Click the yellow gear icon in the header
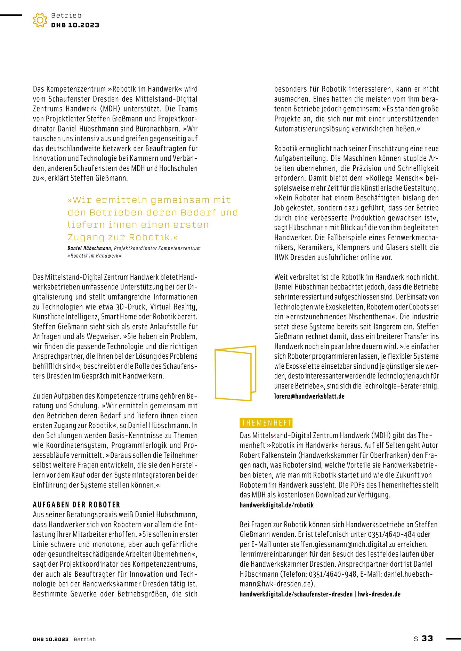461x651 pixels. tap(40, 20)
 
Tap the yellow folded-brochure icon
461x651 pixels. tap(235, 373)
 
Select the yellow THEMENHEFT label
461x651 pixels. tap(266, 423)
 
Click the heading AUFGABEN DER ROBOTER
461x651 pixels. tap(76, 504)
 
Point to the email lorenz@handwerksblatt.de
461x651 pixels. tap(309, 396)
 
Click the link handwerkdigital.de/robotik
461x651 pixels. tap(276, 505)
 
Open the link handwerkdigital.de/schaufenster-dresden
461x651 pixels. tap(296, 594)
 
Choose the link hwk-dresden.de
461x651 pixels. tap(379, 594)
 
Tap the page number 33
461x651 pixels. tap(427, 638)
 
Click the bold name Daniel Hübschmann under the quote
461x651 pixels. tap(89, 248)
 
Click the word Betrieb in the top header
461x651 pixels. tap(66, 15)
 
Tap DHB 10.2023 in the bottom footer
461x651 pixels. tap(51, 639)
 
